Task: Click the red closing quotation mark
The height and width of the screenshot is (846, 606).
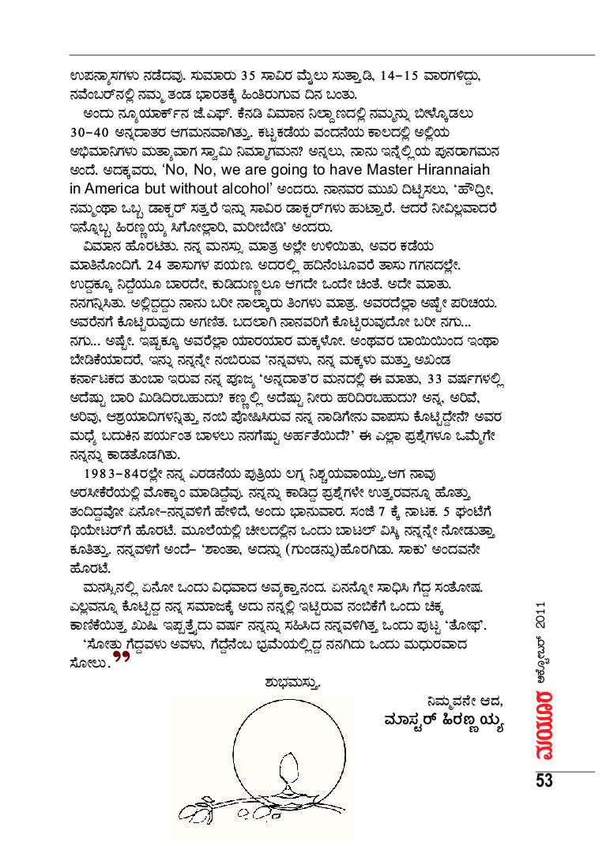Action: [121, 657]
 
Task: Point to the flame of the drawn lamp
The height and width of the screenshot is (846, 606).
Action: [289, 762]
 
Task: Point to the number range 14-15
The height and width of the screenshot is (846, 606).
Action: [433, 77]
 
